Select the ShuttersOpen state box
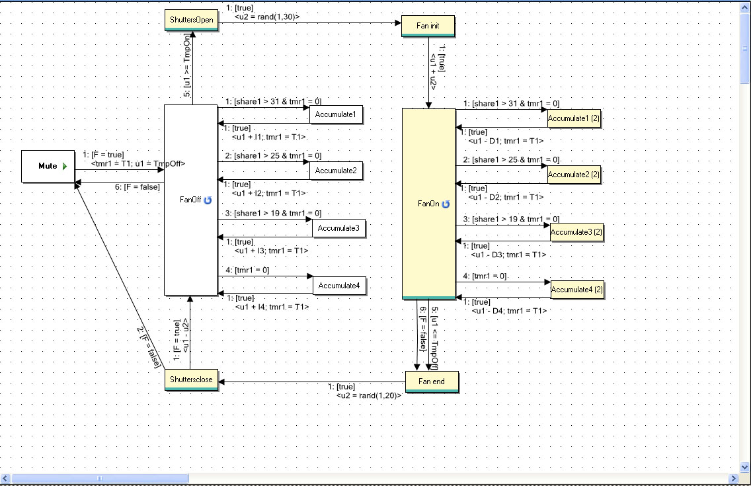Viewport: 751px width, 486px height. [x=191, y=20]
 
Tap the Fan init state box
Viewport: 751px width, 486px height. [x=428, y=26]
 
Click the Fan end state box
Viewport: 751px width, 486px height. [x=432, y=382]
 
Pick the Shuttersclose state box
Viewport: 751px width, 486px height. [x=191, y=380]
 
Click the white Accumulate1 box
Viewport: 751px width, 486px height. [x=336, y=114]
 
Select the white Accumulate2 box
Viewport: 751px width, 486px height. [x=336, y=171]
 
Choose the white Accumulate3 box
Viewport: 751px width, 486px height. [x=338, y=228]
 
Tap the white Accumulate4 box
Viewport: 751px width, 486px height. [x=339, y=286]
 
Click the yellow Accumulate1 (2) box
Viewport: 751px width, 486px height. [x=574, y=118]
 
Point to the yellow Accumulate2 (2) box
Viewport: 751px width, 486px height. [x=574, y=175]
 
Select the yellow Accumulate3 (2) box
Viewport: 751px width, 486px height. [x=576, y=232]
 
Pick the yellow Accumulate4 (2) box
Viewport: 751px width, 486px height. [x=576, y=290]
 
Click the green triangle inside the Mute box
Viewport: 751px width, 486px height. [x=65, y=166]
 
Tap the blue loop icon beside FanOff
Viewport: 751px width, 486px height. [x=208, y=200]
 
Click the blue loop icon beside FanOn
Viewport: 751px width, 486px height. [x=446, y=204]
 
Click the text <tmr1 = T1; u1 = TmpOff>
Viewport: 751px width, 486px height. [x=138, y=163]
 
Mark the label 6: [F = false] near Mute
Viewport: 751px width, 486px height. [x=137, y=187]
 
